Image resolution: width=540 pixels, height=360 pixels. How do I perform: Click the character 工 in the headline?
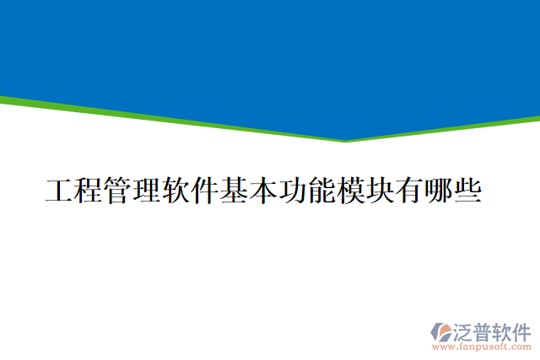(x=59, y=191)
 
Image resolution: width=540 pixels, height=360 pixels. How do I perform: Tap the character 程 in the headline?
(x=88, y=191)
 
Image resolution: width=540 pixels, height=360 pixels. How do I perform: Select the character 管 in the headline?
(x=117, y=191)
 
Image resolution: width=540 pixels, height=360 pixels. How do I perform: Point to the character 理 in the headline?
(x=146, y=191)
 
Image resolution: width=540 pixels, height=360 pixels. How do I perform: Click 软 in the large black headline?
(x=175, y=191)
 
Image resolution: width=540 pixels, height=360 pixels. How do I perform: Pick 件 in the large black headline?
(x=204, y=191)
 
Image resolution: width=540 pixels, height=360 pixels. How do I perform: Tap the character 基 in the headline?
(x=234, y=191)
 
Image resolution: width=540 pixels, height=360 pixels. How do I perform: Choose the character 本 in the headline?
(x=262, y=191)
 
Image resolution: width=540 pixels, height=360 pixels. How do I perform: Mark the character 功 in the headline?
(x=292, y=191)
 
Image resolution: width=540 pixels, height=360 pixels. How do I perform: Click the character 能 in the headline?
(x=321, y=191)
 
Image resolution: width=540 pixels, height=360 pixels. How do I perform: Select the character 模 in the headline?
(x=350, y=191)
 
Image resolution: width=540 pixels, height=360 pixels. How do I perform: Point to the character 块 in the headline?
(x=380, y=191)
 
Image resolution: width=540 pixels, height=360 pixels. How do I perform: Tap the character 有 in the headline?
(x=408, y=191)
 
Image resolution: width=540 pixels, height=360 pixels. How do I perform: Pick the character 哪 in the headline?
(x=438, y=191)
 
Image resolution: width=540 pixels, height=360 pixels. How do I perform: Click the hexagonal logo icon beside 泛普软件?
(x=441, y=331)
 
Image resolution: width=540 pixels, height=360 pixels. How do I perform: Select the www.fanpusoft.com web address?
(x=482, y=346)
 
